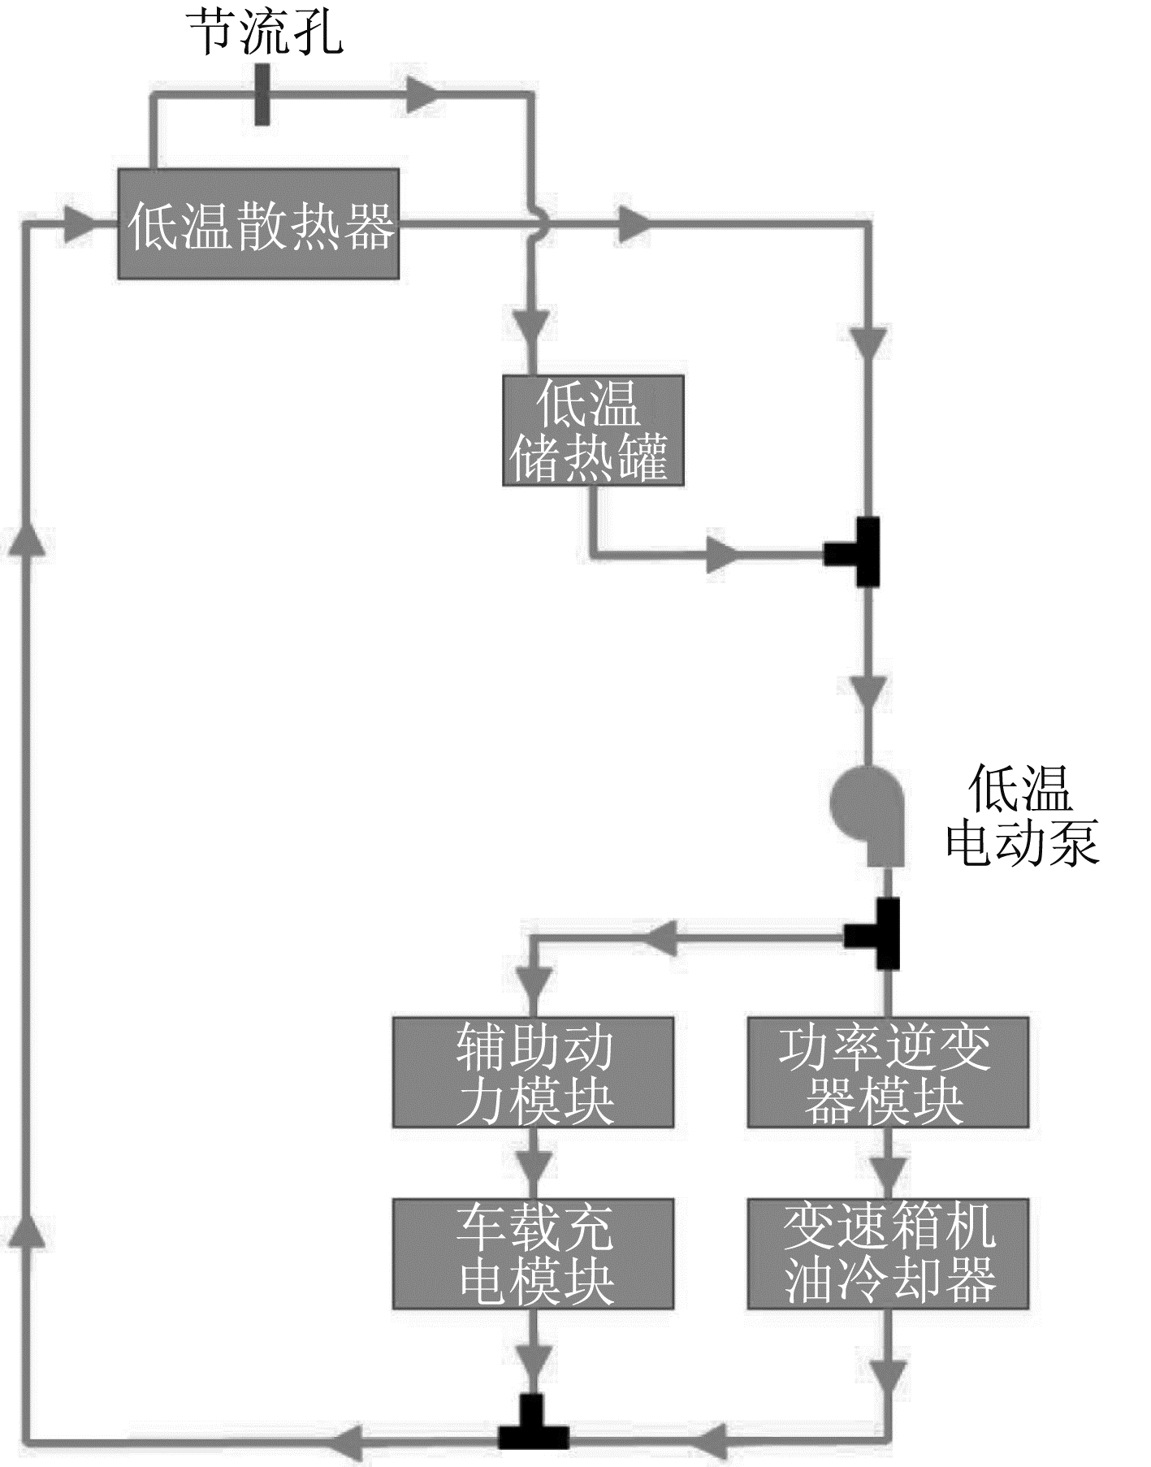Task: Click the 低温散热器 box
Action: click(258, 224)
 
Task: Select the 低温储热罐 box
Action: click(592, 431)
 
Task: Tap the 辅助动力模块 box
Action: click(533, 1071)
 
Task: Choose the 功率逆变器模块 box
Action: click(887, 1071)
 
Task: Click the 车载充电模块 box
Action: click(533, 1253)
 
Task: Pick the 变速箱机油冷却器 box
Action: click(887, 1253)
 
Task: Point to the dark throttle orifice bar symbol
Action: click(262, 95)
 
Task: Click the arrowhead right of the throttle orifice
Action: click(422, 95)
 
